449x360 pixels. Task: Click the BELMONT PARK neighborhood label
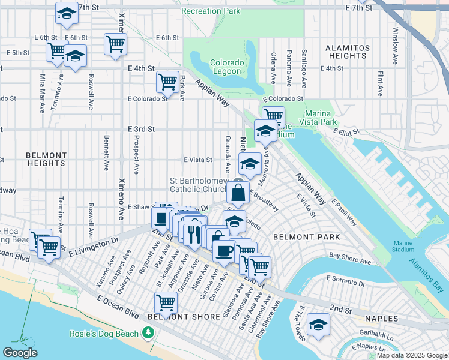[x=306, y=237]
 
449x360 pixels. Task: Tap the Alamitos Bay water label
[x=428, y=268]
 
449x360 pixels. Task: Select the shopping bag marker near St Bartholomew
[x=238, y=193]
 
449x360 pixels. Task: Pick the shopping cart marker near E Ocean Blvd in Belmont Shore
[x=166, y=302]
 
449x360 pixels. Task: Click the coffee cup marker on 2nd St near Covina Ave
[x=224, y=251]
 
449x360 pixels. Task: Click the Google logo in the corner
[x=20, y=353]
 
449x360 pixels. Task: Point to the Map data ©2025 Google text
[x=411, y=355]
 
